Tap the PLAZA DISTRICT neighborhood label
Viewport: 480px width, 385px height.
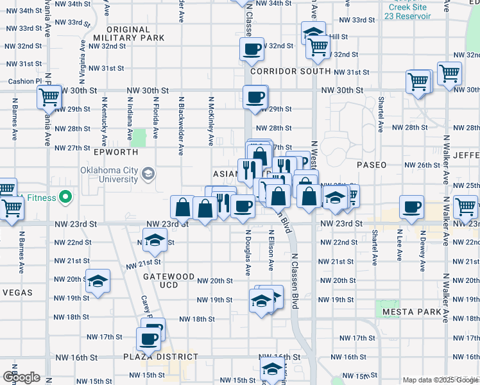[160, 357]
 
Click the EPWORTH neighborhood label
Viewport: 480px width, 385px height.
[116, 153]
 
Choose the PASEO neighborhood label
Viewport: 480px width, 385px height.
[372, 165]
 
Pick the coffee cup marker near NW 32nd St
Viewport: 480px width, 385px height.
[253, 48]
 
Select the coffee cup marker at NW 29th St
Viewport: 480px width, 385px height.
[255, 97]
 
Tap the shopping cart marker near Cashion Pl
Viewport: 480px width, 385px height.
[48, 97]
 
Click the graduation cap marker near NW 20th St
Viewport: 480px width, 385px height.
[98, 281]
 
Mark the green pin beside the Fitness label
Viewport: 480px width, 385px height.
[64, 196]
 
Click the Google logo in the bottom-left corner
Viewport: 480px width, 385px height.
[21, 378]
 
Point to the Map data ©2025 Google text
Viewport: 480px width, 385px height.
[440, 380]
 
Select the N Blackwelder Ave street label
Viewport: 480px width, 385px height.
[182, 125]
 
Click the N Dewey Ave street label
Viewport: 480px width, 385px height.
[422, 244]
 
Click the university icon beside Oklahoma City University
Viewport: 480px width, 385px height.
[148, 174]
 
